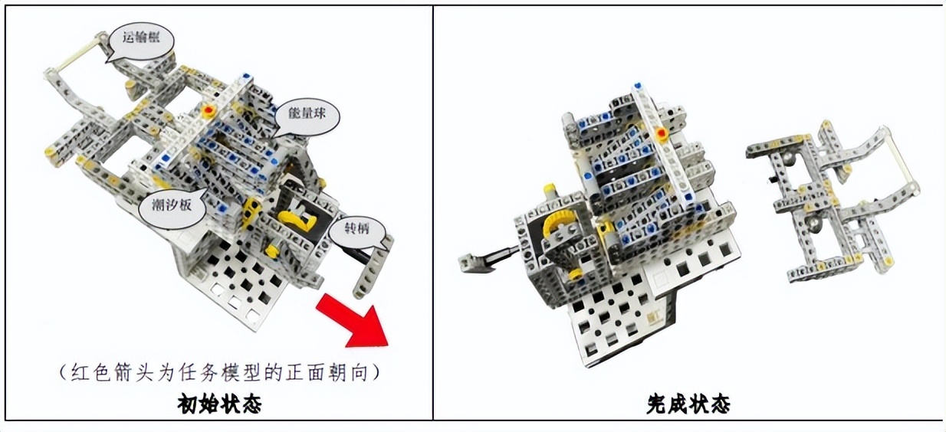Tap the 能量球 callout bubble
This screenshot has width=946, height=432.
(x=307, y=116)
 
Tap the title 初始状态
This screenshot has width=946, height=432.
(x=219, y=404)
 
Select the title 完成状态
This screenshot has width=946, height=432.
(x=689, y=404)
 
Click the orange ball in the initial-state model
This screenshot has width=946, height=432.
(x=208, y=111)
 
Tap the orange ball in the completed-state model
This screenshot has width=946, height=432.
(x=661, y=134)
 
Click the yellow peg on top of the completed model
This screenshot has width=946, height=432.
(x=550, y=191)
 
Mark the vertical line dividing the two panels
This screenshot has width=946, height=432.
(x=433, y=213)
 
